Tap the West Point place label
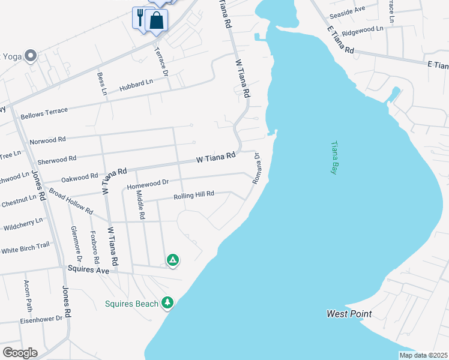click(x=349, y=314)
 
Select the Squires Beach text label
click(x=131, y=304)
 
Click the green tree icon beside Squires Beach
click(x=168, y=302)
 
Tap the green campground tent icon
click(x=172, y=260)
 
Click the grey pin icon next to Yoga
click(x=31, y=56)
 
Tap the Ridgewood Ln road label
click(x=362, y=29)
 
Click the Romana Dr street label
click(x=256, y=168)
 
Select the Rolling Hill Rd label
click(x=194, y=196)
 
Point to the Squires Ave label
click(x=88, y=271)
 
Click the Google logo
click(x=20, y=353)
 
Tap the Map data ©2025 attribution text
click(x=423, y=355)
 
